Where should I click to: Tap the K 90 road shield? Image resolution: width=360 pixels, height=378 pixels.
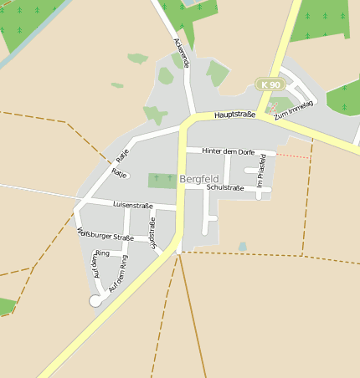point(270,84)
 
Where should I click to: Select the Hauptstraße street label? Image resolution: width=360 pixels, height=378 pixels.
point(234,115)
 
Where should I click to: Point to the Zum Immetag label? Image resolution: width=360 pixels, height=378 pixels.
point(294,110)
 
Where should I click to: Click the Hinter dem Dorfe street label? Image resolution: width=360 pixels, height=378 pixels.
point(229,151)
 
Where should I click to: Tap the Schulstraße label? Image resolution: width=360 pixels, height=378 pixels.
point(224,188)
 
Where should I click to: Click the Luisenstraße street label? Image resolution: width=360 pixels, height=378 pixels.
point(133,205)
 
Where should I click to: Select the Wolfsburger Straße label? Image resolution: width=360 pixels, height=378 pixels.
point(105,237)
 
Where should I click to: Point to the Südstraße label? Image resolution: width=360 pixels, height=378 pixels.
point(152,233)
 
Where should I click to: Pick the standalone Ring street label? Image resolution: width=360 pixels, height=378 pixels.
point(103,253)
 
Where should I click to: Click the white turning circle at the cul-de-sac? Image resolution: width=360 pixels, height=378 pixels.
point(95,300)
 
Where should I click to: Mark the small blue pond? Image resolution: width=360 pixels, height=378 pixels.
point(242,247)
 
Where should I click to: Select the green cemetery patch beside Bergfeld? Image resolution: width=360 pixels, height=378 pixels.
point(162,181)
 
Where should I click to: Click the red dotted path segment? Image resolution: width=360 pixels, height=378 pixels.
point(292,156)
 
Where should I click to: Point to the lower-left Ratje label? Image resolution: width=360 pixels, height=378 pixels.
point(119,174)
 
